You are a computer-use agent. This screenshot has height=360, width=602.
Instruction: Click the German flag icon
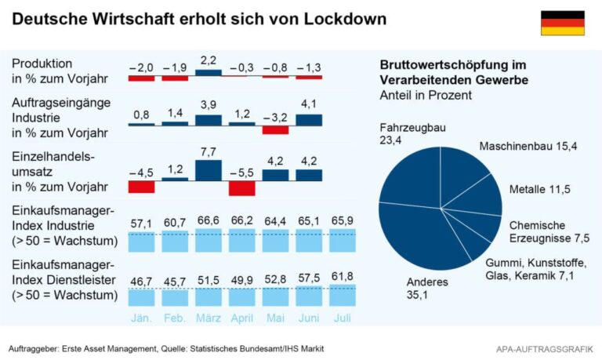pyautogui.click(x=562, y=23)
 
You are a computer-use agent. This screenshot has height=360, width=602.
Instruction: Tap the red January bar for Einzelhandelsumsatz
pyautogui.click(x=142, y=187)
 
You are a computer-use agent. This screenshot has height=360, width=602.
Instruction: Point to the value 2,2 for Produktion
pyautogui.click(x=209, y=60)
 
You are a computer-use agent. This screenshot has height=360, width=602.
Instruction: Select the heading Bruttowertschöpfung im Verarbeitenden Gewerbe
pyautogui.click(x=453, y=72)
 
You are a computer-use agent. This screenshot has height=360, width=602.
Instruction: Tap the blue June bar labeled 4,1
pyautogui.click(x=309, y=120)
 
